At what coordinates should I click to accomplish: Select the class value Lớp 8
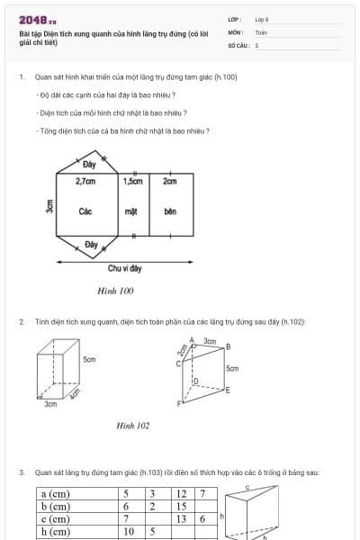(262, 19)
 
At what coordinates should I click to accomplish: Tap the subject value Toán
(261, 31)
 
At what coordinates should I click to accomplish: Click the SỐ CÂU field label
(238, 44)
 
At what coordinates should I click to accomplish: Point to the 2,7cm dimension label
(86, 181)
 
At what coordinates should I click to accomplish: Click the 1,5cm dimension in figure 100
(132, 181)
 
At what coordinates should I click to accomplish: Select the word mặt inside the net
(130, 211)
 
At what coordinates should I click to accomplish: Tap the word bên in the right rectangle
(170, 211)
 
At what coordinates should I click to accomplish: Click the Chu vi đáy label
(124, 267)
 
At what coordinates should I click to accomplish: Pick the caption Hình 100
(115, 291)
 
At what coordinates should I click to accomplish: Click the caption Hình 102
(133, 426)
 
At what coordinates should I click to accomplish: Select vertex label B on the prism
(228, 346)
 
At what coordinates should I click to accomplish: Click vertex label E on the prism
(228, 390)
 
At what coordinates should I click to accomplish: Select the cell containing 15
(182, 506)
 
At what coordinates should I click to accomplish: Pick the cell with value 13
(182, 518)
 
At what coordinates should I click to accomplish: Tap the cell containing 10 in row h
(129, 531)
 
